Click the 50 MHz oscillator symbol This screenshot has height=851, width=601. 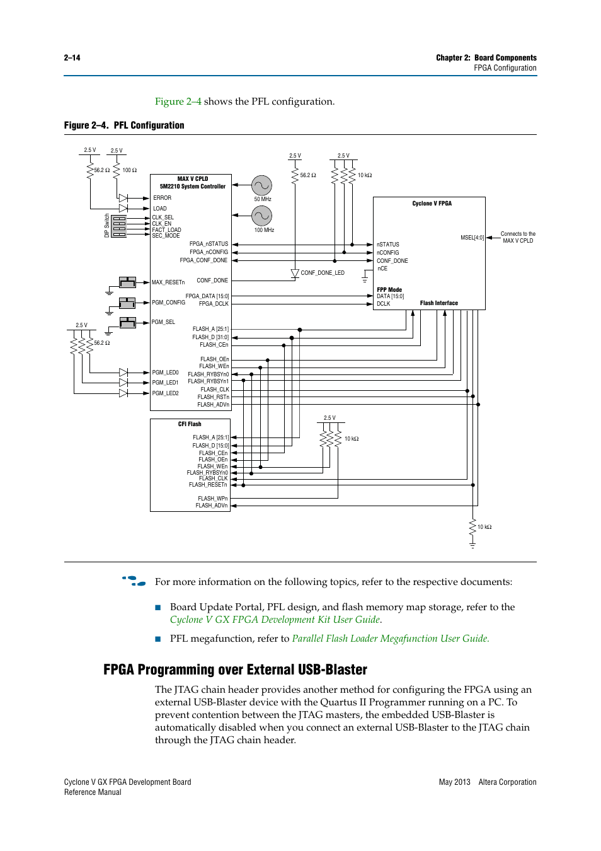click(x=261, y=185)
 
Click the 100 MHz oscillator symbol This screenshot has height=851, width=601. click(x=261, y=216)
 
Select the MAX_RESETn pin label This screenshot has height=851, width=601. click(x=168, y=282)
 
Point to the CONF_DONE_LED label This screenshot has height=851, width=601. click(x=323, y=273)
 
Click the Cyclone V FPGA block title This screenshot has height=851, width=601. click(x=432, y=204)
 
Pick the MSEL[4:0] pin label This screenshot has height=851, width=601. click(x=472, y=238)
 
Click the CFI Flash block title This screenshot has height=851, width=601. click(x=190, y=424)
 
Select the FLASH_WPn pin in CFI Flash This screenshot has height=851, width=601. click(x=212, y=499)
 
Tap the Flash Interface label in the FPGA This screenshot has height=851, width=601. click(x=438, y=303)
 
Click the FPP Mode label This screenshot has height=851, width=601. click(x=389, y=290)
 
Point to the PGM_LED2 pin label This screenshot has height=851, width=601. click(x=165, y=393)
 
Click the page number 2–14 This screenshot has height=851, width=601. click(x=72, y=58)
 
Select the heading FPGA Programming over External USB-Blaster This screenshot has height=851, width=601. click(x=235, y=669)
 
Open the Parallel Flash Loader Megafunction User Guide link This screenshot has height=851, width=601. click(x=390, y=639)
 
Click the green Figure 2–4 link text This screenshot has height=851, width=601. click(x=178, y=101)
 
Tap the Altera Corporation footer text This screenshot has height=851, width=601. click(x=507, y=782)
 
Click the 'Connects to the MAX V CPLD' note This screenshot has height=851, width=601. click(x=518, y=237)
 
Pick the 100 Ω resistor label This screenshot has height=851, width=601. click(x=129, y=170)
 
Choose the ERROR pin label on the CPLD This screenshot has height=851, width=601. click(x=162, y=198)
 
